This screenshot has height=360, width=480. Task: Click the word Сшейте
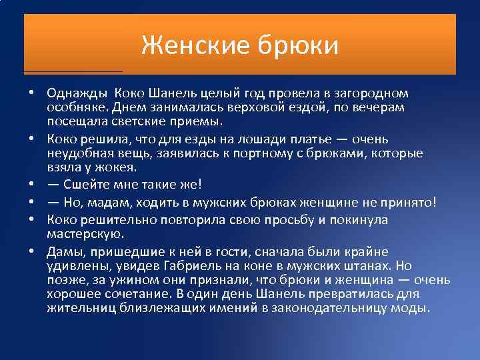(84, 184)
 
